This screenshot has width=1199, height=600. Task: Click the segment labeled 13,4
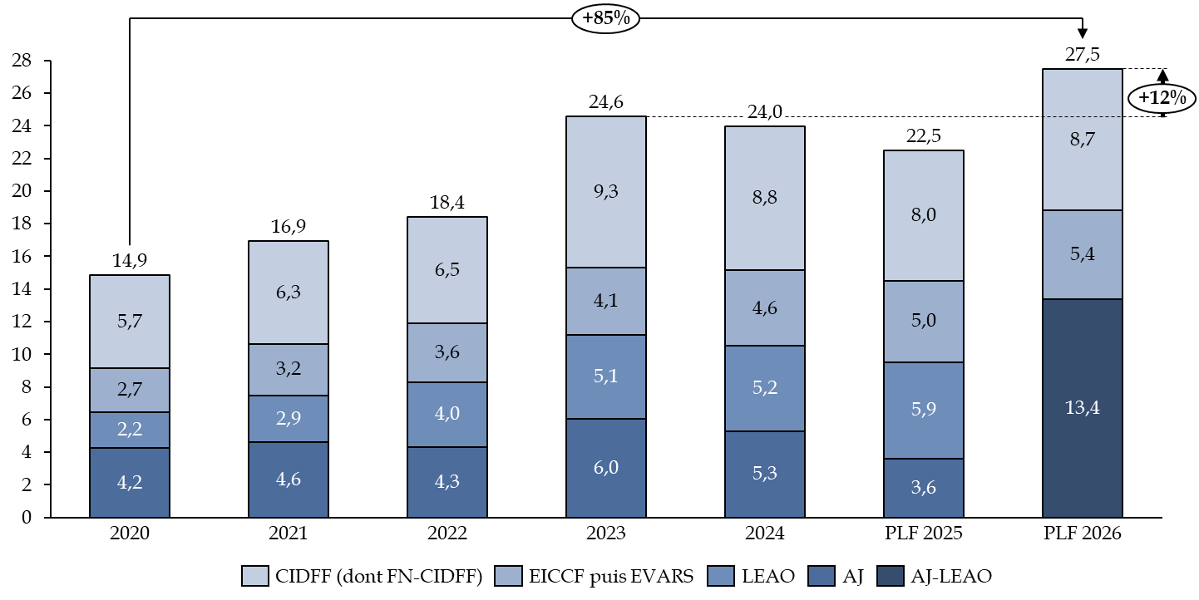[1082, 407]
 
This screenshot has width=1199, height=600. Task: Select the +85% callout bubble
[605, 18]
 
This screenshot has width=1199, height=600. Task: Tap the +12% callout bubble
[1162, 98]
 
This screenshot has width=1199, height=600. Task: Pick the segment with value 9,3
[605, 192]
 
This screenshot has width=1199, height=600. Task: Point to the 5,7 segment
[130, 322]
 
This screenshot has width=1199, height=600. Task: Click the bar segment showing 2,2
[130, 430]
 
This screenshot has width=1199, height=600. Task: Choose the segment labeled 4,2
[130, 482]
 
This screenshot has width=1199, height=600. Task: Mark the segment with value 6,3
[288, 293]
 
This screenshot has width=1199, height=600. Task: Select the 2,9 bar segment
[288, 419]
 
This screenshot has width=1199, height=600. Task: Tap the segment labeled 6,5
[447, 270]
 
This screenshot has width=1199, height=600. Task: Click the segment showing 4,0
[447, 414]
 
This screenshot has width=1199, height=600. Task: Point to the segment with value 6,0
[605, 468]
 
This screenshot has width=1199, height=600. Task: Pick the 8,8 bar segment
[764, 199]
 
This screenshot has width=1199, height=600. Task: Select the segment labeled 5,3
[764, 474]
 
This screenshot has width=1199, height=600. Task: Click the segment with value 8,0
[923, 215]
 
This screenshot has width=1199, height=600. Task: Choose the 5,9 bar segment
[923, 410]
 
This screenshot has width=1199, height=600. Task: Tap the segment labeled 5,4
[1082, 254]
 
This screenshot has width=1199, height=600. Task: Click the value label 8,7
[1082, 140]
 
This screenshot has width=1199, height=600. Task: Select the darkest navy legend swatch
[890, 576]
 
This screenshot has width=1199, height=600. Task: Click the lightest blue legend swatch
[254, 576]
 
